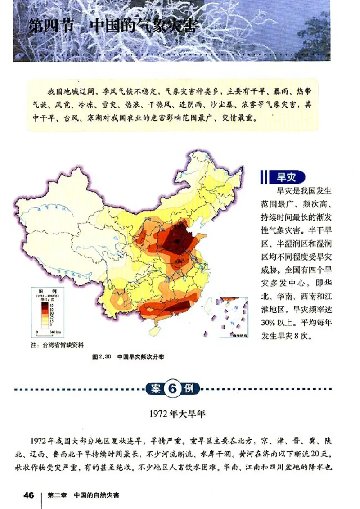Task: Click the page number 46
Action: click(29, 495)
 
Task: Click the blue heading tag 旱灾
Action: click(285, 177)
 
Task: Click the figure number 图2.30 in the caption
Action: click(101, 356)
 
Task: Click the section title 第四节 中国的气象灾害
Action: click(112, 26)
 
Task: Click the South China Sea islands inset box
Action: click(234, 317)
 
